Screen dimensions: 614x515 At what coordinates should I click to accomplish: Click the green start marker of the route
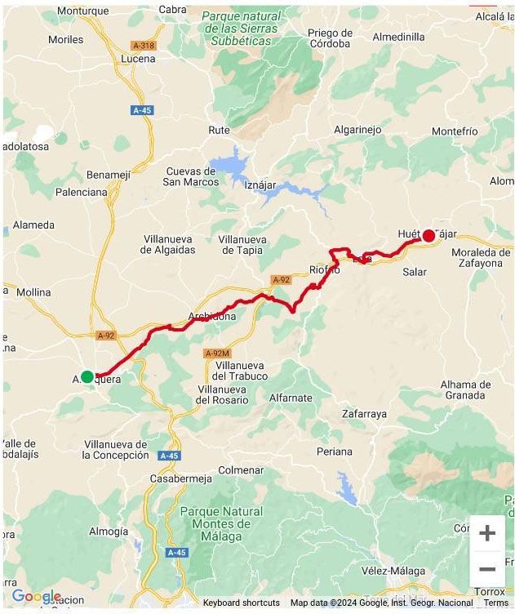[x=87, y=376]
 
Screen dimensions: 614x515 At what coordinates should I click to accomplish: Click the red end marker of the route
[x=428, y=236]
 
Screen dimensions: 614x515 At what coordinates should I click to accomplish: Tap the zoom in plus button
[x=487, y=533]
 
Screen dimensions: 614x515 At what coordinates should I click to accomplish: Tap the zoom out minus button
[x=487, y=569]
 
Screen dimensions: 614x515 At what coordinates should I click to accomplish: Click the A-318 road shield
[x=143, y=46]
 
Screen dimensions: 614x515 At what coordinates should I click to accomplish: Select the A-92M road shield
[x=217, y=353]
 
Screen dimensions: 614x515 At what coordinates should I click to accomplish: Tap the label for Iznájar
[x=260, y=185]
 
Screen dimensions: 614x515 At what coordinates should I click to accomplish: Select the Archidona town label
[x=211, y=316]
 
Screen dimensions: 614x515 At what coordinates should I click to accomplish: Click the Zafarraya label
[x=364, y=414]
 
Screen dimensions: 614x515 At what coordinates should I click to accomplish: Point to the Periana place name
[x=335, y=451]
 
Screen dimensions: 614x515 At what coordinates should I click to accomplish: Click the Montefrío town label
[x=455, y=131]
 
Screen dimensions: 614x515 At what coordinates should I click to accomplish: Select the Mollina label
[x=33, y=291]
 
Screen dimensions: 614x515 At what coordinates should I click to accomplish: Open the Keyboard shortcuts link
[x=241, y=603]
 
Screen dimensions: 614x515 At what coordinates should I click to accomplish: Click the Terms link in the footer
[x=495, y=603]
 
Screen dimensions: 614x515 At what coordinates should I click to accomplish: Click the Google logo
[x=36, y=597]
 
